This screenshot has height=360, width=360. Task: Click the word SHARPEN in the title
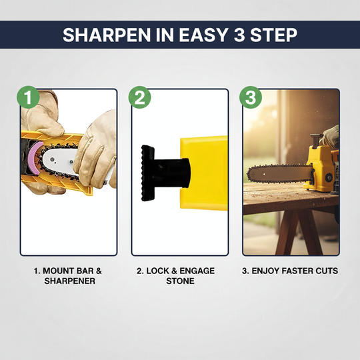coord(99,35)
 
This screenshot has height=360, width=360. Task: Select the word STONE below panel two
coord(179,281)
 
